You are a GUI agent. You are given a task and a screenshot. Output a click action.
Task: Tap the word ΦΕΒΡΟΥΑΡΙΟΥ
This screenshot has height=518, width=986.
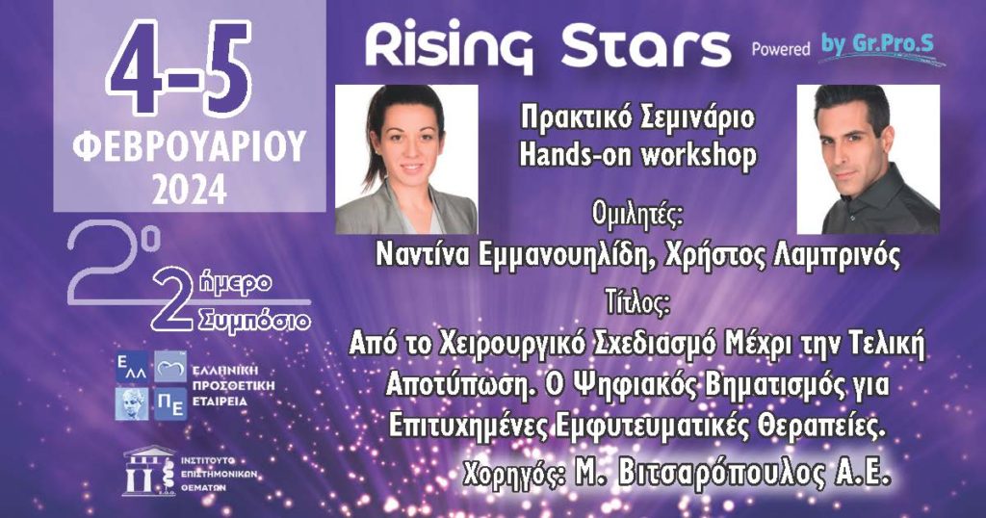tap(189, 147)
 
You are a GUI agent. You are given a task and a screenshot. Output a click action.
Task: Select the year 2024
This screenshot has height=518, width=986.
tap(189, 190)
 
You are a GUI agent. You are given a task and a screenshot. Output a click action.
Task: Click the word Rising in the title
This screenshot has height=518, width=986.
tap(449, 48)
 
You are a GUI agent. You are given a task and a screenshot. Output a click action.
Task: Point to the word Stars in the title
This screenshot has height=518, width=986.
tap(646, 46)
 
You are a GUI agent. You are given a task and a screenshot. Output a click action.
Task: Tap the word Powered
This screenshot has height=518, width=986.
tap(781, 48)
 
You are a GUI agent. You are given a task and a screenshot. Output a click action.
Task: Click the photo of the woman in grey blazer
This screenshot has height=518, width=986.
tap(406, 160)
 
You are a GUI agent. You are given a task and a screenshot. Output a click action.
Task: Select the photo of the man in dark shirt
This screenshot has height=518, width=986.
tap(869, 160)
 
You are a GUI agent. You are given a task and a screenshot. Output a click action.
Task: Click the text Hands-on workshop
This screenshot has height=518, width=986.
tap(637, 155)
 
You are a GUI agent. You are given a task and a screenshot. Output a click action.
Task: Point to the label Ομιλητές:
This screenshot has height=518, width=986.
tap(637, 215)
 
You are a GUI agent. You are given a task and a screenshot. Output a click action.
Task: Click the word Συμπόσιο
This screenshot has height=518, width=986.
tap(254, 322)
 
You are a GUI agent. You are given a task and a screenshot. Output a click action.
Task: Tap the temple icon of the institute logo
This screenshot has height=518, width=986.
tap(149, 471)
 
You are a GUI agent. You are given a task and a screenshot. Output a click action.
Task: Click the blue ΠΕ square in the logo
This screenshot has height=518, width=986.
tap(170, 403)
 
